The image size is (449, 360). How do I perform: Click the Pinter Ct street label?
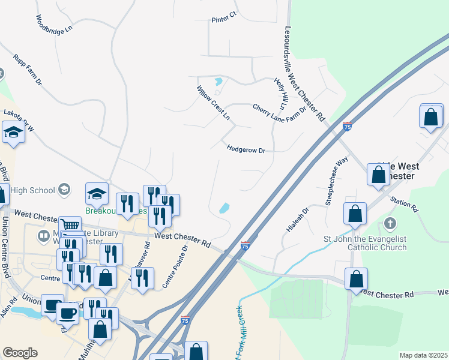pos(224,20)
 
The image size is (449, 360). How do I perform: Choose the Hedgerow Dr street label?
pos(246,149)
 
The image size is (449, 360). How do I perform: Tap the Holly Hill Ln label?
pos(280,92)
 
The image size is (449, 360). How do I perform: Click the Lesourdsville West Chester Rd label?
pos(304,73)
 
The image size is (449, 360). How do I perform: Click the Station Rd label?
pos(403,205)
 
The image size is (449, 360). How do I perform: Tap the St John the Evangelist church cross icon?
pos(390,224)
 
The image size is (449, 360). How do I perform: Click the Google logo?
pos(20,353)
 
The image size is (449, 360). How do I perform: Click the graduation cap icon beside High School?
pos(63,190)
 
